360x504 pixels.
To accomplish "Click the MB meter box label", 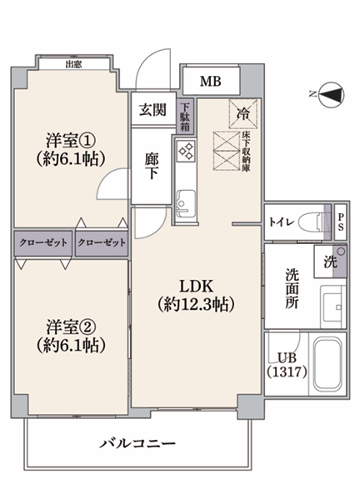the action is tap(211, 82).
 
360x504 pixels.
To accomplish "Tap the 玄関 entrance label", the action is tap(152, 110).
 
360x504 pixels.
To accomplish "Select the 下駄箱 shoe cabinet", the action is tap(185, 117).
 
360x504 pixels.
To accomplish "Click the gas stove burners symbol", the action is tap(186, 151).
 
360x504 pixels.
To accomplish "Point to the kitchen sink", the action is tap(186, 202).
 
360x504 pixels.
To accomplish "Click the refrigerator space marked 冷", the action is tap(243, 113).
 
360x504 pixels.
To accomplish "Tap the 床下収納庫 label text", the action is tap(247, 151).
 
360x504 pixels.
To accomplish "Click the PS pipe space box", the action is tap(340, 222).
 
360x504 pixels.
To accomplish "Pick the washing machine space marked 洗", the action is tap(330, 262).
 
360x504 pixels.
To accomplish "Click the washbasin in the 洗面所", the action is tap(332, 307).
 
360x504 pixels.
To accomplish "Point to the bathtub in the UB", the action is tap(327, 364).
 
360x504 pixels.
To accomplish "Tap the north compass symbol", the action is tap(332, 95).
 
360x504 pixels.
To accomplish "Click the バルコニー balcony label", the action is tap(137, 444).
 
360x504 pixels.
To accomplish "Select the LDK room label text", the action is tap(196, 286).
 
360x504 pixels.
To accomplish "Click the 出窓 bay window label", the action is tap(73, 64).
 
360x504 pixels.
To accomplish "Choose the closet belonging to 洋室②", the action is tap(43, 243).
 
